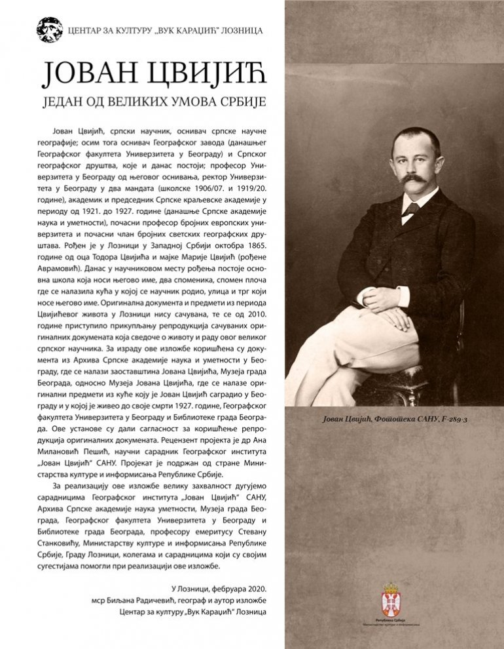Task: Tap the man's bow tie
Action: coord(411,209)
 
